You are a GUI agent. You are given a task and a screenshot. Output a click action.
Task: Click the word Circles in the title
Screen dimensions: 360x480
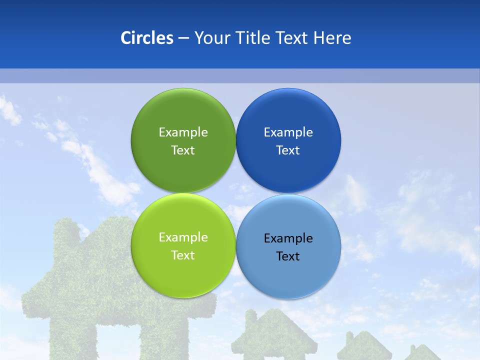147,38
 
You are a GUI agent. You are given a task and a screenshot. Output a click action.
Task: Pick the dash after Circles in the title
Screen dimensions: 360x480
183,38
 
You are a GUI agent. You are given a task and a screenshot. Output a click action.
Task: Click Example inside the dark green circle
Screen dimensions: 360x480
183,132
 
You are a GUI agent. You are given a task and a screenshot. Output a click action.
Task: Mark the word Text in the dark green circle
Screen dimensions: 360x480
183,150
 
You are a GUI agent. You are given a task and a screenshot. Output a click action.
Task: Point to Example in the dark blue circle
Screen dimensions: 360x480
288,132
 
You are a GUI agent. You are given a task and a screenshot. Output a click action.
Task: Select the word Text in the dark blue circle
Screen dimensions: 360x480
288,150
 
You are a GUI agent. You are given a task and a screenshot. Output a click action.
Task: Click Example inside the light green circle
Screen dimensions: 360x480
183,237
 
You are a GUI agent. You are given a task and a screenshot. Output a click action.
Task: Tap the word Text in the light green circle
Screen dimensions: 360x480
183,255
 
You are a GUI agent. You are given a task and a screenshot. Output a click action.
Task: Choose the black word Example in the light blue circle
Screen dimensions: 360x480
288,238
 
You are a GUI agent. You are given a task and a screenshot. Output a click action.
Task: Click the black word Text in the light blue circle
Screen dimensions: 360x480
288,256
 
